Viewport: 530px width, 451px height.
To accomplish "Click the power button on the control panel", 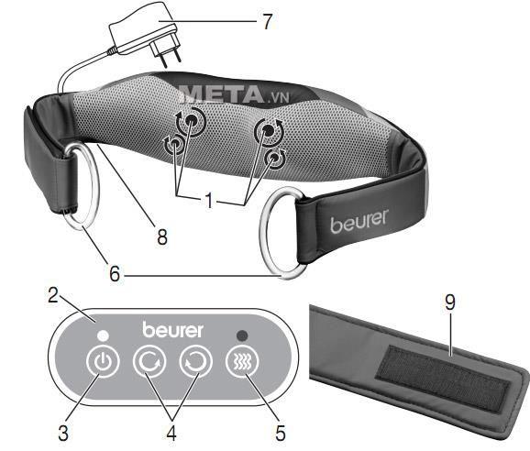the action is click(103, 361).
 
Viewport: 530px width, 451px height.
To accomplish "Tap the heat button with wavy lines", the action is click(242, 362).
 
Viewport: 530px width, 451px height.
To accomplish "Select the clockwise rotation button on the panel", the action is click(149, 361).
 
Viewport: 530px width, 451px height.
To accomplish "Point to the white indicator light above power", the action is click(102, 335).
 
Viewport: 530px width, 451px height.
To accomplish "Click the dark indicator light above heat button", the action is click(242, 335).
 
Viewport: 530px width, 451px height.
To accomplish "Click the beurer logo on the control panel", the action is click(172, 329).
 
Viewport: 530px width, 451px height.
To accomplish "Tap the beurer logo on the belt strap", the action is click(359, 222).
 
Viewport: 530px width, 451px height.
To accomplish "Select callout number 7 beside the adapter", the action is click(268, 21).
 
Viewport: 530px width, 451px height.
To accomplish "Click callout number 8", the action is click(162, 236).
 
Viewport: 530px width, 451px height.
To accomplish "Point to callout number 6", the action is click(115, 273).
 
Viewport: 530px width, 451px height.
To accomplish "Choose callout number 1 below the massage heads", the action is click(210, 200).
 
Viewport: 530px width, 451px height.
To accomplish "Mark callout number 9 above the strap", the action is click(450, 302).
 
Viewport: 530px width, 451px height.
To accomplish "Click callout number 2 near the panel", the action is click(53, 295).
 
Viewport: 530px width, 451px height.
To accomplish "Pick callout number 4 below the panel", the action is click(171, 433).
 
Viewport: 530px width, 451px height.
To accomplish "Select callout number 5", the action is click(281, 433).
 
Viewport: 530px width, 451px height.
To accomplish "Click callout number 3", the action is click(63, 433).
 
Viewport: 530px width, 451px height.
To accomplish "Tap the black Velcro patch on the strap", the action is click(443, 379).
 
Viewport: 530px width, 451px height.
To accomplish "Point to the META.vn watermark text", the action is click(233, 93).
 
